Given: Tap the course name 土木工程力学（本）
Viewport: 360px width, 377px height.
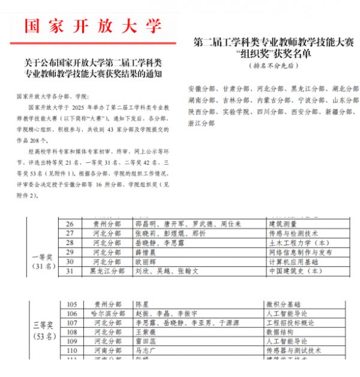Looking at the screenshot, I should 295,242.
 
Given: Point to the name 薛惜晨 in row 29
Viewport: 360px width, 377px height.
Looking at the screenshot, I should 148,252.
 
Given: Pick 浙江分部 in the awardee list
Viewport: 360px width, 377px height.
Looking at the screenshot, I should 200,124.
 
